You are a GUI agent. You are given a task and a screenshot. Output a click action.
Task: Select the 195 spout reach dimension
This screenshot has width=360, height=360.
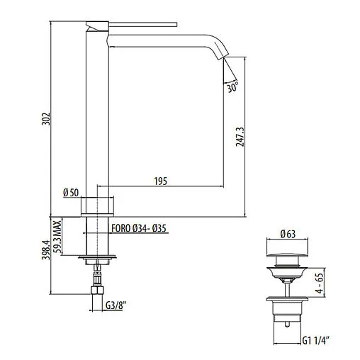160,182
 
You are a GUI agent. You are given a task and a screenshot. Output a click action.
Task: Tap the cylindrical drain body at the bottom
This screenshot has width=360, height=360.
286,312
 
